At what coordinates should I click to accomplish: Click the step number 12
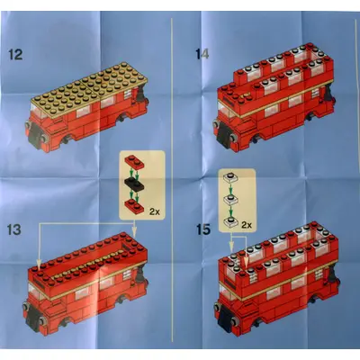(x=15, y=55)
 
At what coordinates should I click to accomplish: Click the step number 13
(x=14, y=229)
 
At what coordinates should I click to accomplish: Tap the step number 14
(x=202, y=54)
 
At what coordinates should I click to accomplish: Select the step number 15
(x=203, y=229)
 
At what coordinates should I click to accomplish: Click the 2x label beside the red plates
(x=155, y=211)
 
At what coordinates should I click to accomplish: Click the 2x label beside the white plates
(x=247, y=225)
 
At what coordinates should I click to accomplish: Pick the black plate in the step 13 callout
(x=134, y=184)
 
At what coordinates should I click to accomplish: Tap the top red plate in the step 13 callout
(x=135, y=162)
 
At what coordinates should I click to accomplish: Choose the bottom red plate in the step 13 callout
(x=135, y=206)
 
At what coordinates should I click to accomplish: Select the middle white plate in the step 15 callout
(x=230, y=200)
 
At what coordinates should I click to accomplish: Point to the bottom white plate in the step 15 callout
(x=230, y=221)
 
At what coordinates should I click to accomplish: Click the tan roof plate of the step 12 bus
(x=89, y=90)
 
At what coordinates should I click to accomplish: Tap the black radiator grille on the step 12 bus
(x=36, y=138)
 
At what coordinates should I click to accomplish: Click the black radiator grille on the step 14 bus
(x=224, y=139)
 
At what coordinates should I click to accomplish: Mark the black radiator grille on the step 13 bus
(x=33, y=320)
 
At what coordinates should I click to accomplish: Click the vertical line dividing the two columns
(x=172, y=179)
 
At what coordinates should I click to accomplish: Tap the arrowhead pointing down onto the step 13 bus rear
(x=135, y=235)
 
